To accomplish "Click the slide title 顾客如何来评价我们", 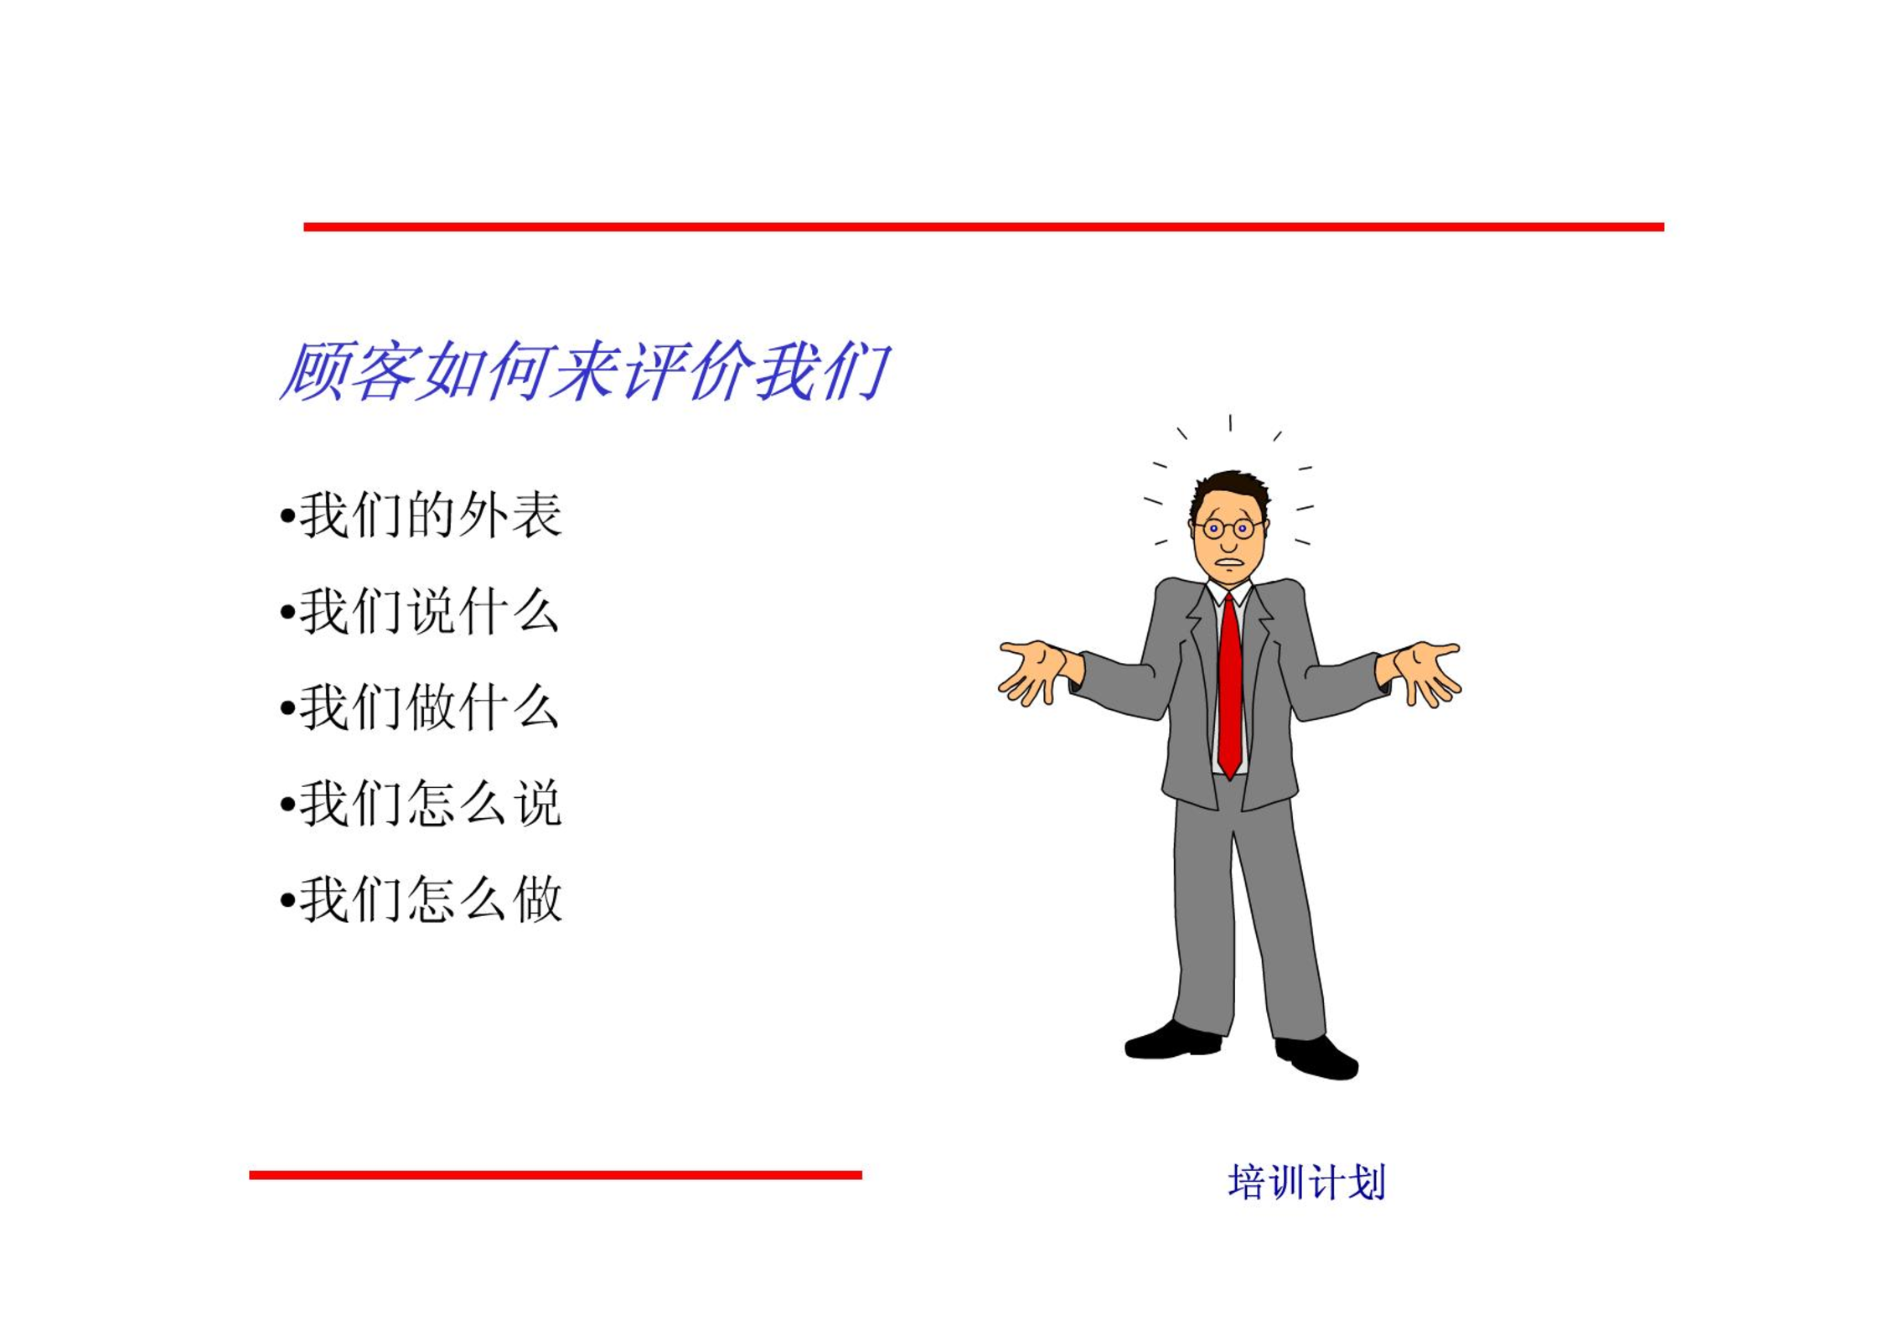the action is coord(584,371).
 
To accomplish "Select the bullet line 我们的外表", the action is coord(421,515).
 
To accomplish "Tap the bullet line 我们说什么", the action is coord(420,612).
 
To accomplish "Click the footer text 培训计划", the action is coord(1306,1183).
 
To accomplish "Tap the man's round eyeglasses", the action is coord(1228,529).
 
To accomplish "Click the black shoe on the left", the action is coord(1172,1041).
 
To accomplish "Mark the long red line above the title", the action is coord(984,227).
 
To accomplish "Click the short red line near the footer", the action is coord(556,1175).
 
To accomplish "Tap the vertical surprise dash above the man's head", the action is coord(1230,422).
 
